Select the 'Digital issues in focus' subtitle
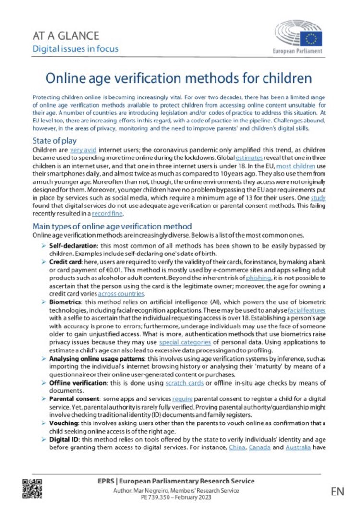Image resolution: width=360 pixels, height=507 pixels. point(75,48)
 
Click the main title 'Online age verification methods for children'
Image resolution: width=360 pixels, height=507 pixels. point(179,78)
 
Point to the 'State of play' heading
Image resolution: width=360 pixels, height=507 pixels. point(54,141)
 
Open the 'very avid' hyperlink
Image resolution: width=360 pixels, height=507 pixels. point(83,150)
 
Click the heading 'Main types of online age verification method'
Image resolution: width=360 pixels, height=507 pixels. point(111,226)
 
